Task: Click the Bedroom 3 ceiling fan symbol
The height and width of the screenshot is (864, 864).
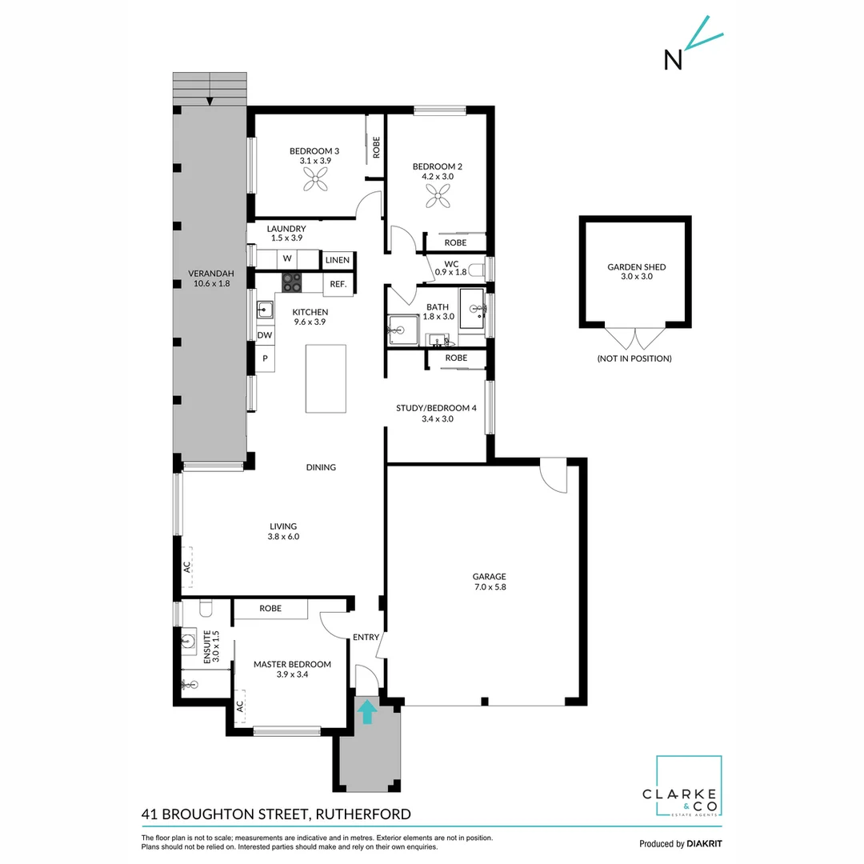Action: click(316, 182)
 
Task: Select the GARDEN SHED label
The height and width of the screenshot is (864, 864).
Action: click(636, 267)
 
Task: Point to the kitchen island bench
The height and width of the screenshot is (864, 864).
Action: click(326, 378)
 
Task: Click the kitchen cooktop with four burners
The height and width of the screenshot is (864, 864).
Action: click(290, 282)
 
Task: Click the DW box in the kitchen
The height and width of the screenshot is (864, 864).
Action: click(265, 335)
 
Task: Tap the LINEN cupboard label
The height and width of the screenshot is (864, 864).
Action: click(337, 260)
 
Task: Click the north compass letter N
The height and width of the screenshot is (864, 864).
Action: click(673, 60)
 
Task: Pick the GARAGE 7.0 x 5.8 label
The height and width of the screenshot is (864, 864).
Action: click(489, 581)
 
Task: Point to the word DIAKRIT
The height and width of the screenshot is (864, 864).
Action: click(705, 843)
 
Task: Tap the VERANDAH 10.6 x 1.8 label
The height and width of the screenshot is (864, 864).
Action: click(209, 277)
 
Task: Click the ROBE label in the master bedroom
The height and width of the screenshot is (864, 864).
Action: click(270, 609)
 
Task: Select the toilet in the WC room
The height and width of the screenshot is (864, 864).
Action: click(477, 268)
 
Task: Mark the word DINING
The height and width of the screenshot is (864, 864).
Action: click(321, 467)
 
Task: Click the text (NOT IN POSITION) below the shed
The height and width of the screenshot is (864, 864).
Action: click(634, 358)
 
